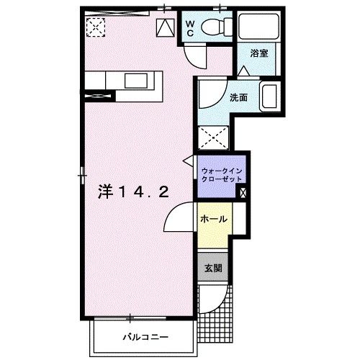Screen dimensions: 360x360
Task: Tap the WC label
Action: pyautogui.click(x=189, y=27)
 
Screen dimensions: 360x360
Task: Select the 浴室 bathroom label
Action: pyautogui.click(x=259, y=53)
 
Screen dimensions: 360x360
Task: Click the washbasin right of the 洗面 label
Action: pyautogui.click(x=269, y=96)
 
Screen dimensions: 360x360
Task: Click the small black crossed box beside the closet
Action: pyautogui.click(x=243, y=192)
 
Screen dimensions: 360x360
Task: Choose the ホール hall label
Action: pyautogui.click(x=214, y=219)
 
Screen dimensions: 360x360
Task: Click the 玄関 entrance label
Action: pyautogui.click(x=213, y=268)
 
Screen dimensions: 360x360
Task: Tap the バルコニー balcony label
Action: pyautogui.click(x=145, y=336)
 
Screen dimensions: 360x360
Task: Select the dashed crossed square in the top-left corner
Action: pyautogui.click(x=95, y=27)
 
